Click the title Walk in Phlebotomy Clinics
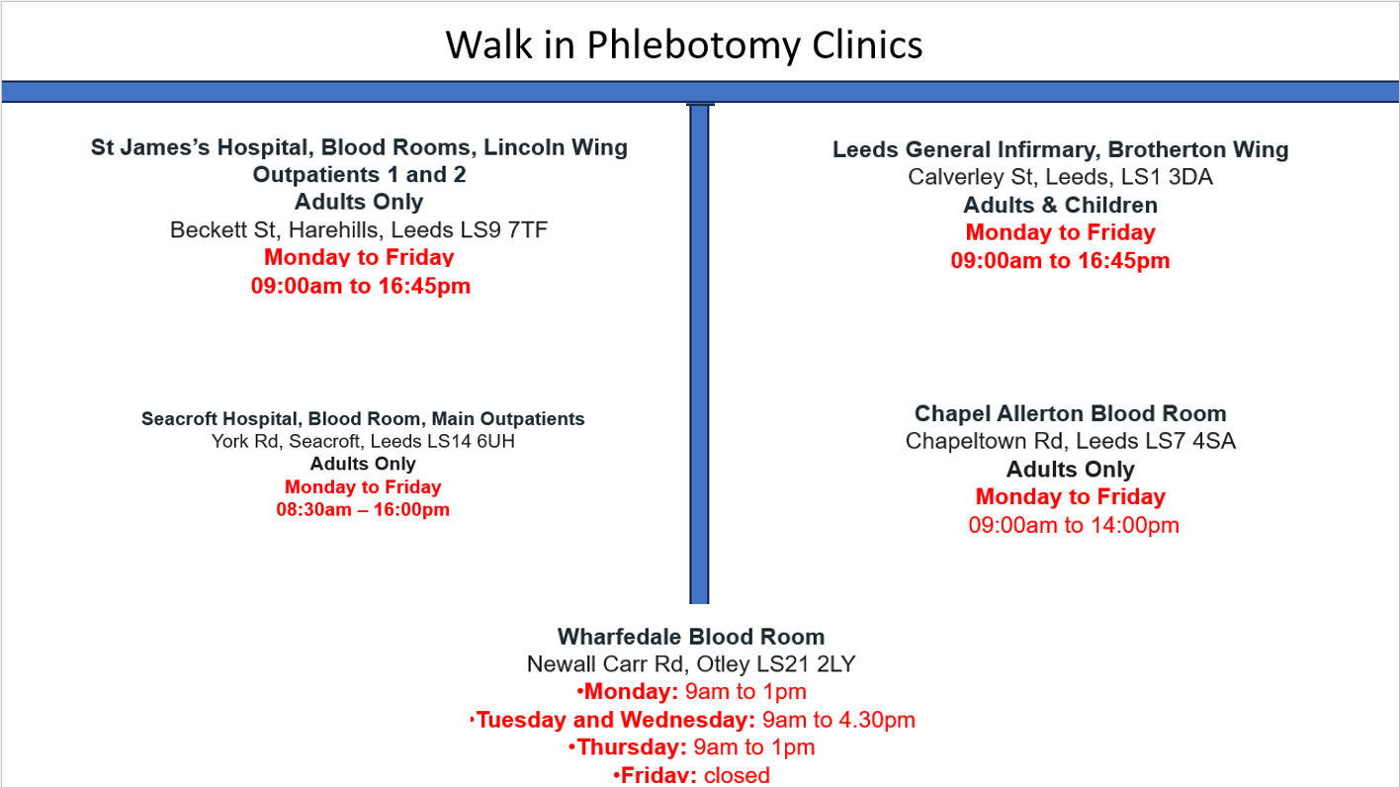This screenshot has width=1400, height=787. coord(683,45)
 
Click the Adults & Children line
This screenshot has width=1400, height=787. coord(1060,206)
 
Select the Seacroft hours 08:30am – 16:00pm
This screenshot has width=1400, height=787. coord(363,510)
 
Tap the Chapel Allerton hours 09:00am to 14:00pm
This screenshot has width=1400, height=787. coord(1073,525)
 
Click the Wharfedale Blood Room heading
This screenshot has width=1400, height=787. coord(690,637)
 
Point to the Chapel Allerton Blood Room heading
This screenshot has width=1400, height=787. coord(1070,414)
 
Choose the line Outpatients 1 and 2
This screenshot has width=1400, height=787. coord(359,175)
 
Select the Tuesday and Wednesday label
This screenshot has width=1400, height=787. coord(615,720)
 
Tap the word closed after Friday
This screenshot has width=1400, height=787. coord(737,775)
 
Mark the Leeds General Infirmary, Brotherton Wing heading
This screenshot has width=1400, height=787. coord(1060,150)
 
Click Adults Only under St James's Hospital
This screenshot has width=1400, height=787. coord(359,203)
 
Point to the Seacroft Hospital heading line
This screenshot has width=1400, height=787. coord(363,419)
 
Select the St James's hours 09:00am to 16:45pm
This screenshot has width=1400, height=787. coord(361,287)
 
